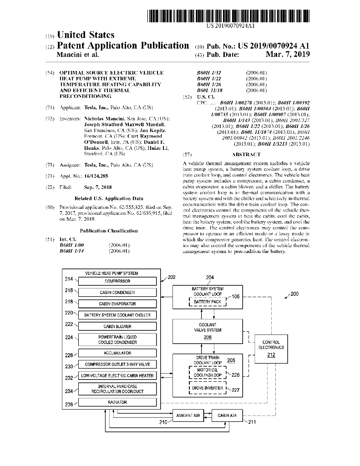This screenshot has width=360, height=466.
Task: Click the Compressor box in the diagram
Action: (x=117, y=281)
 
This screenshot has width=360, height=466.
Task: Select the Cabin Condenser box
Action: (x=117, y=292)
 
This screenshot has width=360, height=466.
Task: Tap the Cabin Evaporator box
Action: (x=117, y=304)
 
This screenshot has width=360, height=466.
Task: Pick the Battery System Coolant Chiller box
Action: (x=117, y=315)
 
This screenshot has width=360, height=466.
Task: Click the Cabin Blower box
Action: (x=117, y=326)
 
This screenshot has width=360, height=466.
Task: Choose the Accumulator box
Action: (x=117, y=353)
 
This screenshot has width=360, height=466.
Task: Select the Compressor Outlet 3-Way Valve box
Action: (x=117, y=365)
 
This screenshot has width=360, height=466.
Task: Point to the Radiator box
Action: (x=117, y=402)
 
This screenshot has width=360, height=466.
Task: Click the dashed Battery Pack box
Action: (x=207, y=302)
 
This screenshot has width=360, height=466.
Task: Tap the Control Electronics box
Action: (x=271, y=348)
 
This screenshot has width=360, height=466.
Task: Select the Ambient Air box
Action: (x=188, y=415)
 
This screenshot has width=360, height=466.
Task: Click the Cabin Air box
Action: (x=227, y=415)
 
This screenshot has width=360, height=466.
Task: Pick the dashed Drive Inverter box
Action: (x=207, y=388)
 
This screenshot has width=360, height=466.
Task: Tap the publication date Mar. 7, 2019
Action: (x=287, y=55)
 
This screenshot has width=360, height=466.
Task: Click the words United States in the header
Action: (x=85, y=35)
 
